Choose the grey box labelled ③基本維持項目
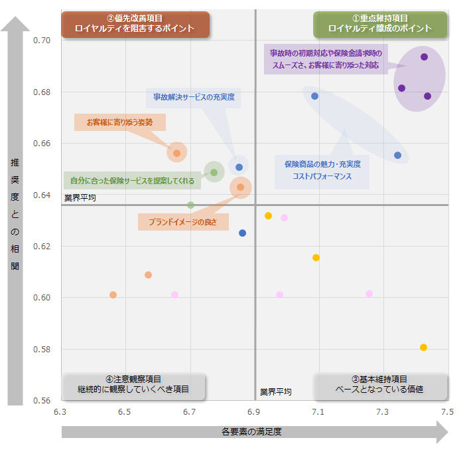380,384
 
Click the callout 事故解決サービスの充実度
194,97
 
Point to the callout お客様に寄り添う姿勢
119,122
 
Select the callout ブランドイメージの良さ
183,221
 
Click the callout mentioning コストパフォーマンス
322,170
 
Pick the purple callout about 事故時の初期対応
325,59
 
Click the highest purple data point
424,56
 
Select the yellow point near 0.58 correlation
423,347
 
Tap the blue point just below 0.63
242,233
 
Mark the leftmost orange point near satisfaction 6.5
113,294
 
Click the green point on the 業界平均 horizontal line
190,205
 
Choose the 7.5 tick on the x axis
447,412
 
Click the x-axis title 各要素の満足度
252,432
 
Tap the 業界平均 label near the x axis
275,392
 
